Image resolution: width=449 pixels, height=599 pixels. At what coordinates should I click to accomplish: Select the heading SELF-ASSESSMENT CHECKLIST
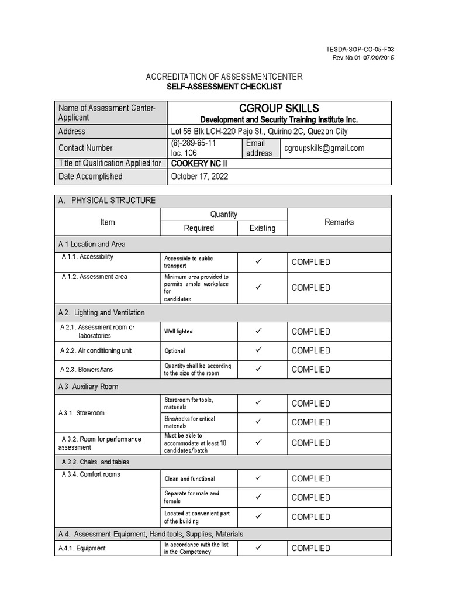(x=224, y=87)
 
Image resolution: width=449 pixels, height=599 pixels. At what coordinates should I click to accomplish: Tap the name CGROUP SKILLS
(x=279, y=108)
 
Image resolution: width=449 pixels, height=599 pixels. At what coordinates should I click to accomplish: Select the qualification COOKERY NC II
(x=196, y=163)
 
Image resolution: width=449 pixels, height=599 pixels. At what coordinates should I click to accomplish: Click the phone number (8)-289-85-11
(x=194, y=143)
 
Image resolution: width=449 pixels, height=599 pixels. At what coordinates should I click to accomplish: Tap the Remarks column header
(x=339, y=222)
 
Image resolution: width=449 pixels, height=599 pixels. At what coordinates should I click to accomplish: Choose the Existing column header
(x=262, y=228)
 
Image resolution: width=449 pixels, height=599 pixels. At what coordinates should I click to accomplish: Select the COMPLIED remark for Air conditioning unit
(x=310, y=350)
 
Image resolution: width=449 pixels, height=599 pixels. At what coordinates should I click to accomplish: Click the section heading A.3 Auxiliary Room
(x=88, y=387)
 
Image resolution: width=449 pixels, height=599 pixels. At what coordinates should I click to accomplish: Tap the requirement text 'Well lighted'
(x=178, y=332)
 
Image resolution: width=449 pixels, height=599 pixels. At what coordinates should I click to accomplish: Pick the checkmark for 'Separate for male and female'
(x=258, y=497)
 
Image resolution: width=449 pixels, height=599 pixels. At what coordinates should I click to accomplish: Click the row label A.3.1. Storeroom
(x=82, y=413)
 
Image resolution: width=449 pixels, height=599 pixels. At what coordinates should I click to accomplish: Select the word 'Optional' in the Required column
(x=175, y=351)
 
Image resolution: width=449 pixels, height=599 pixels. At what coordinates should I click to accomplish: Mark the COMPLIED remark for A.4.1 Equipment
(x=310, y=548)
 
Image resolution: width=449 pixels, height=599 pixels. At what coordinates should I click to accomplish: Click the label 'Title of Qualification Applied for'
(x=110, y=163)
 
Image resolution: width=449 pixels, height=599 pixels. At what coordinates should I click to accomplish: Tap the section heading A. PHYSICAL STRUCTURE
(x=107, y=201)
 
